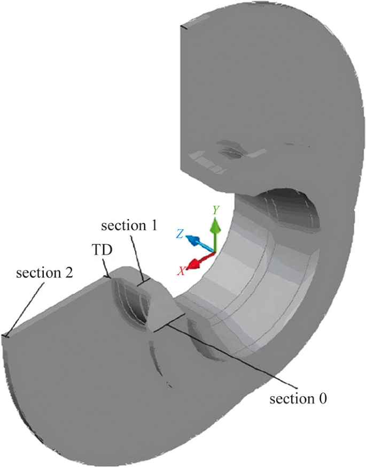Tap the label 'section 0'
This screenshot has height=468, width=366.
click(x=298, y=399)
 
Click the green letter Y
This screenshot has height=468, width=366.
click(x=215, y=210)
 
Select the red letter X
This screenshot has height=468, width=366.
click(x=182, y=271)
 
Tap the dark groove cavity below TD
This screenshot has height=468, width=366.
click(x=128, y=300)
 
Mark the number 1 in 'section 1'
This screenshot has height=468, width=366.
click(x=153, y=225)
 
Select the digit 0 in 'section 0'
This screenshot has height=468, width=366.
click(x=323, y=399)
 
